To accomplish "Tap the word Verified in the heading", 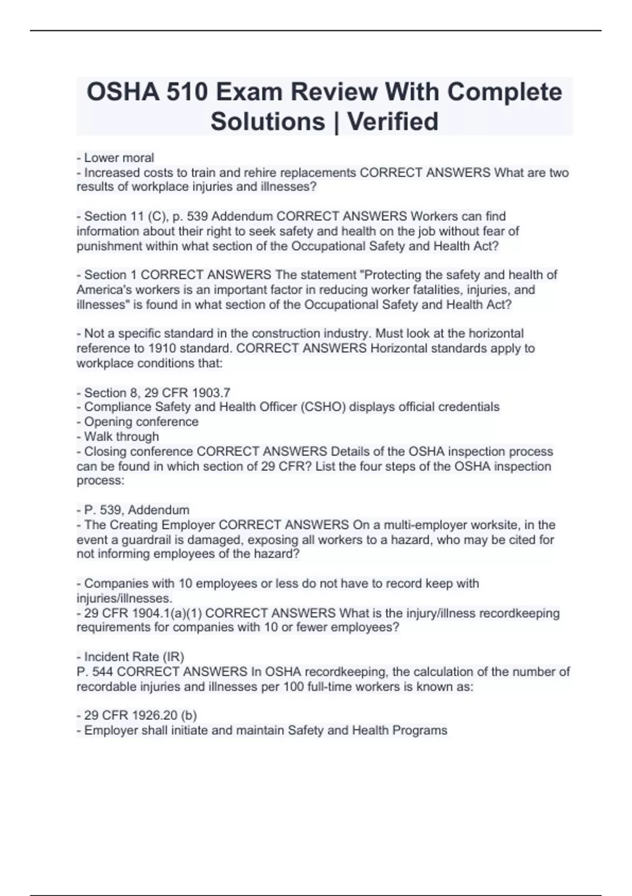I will point(392,121).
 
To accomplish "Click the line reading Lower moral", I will point(115,158).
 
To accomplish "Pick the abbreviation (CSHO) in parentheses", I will point(322,407).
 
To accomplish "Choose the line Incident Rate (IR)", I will point(130,657).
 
